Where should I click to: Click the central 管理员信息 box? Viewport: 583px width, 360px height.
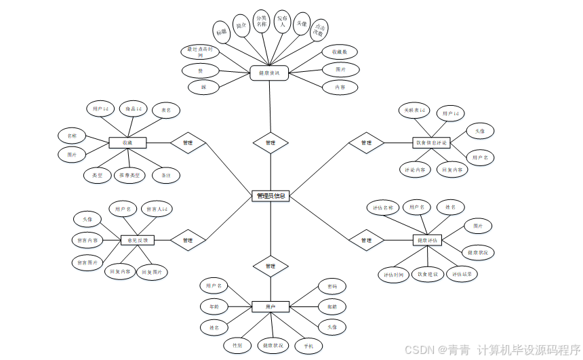tap(270, 196)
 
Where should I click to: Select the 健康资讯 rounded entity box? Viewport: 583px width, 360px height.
tap(269, 73)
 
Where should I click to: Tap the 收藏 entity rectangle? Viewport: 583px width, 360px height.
tap(127, 143)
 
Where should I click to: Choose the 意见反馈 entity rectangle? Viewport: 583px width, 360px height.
tap(138, 240)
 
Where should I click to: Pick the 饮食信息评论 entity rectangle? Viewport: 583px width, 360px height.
tap(432, 143)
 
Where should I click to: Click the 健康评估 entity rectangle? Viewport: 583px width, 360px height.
tap(427, 240)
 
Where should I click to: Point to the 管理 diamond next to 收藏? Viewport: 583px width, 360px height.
tap(188, 143)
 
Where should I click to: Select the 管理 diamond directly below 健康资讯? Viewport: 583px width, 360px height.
tap(270, 143)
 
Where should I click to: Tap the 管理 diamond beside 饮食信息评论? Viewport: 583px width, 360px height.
tap(366, 143)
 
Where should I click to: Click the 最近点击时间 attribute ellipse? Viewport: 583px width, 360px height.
tap(201, 52)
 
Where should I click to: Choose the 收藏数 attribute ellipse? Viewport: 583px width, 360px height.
tap(340, 52)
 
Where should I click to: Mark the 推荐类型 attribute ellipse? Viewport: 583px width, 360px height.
tap(131, 176)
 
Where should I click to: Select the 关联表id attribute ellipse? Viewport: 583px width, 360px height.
tap(413, 110)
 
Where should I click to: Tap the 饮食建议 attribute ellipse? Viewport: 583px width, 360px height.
tap(428, 275)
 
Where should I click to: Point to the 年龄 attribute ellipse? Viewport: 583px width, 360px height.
tap(214, 306)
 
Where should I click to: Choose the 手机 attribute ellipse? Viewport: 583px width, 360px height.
tap(308, 346)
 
